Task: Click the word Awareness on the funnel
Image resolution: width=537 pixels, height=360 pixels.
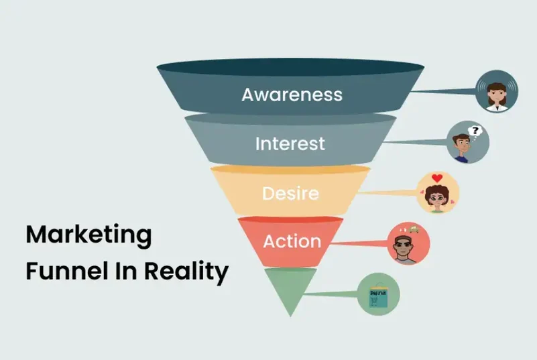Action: [292, 94]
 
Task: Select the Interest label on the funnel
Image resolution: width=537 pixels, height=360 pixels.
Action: [290, 143]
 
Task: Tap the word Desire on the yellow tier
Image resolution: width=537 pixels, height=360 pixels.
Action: [290, 194]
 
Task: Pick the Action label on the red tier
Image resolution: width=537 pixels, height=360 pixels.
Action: [292, 241]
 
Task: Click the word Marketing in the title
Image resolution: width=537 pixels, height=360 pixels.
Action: [88, 236]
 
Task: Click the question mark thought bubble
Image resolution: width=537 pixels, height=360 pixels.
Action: [476, 130]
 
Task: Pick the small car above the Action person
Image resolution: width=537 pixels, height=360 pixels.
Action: [414, 229]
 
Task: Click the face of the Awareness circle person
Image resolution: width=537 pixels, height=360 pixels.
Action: [496, 92]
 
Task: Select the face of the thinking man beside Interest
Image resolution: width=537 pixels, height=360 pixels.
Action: [462, 143]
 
